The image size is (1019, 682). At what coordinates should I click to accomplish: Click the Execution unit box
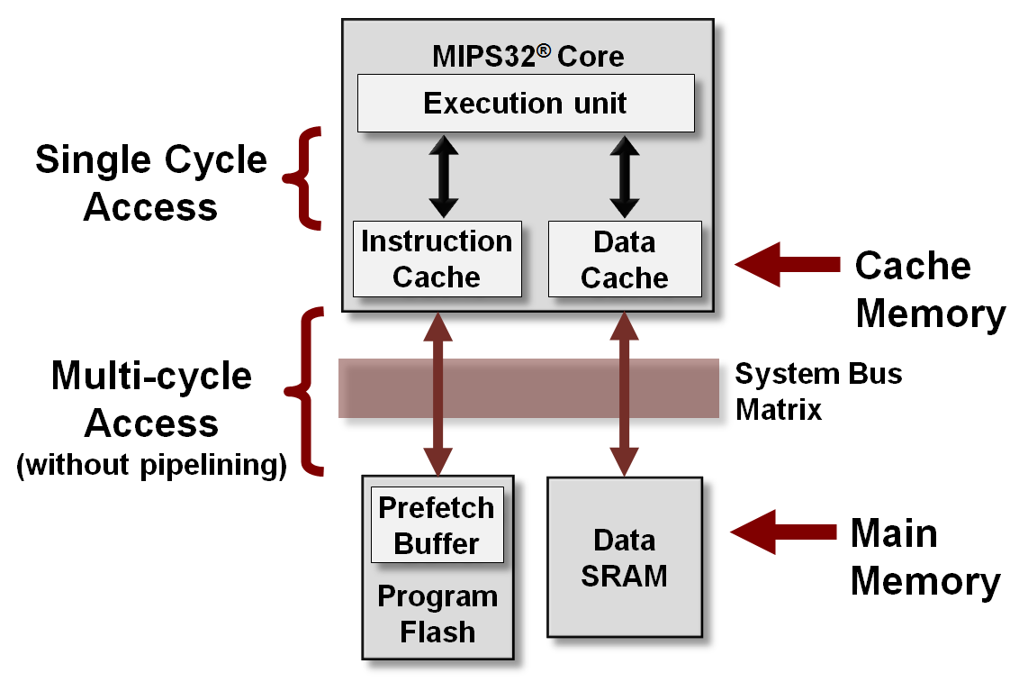pyautogui.click(x=526, y=103)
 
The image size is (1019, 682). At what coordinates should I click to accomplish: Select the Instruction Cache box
pyautogui.click(x=437, y=259)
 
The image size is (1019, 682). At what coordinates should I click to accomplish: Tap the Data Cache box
pyautogui.click(x=624, y=259)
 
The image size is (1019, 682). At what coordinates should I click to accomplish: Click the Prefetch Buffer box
pyautogui.click(x=437, y=526)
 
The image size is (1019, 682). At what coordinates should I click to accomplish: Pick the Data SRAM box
pyautogui.click(x=624, y=558)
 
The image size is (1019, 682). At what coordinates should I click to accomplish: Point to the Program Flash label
pyautogui.click(x=437, y=614)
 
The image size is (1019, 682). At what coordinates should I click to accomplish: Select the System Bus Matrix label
pyautogui.click(x=817, y=391)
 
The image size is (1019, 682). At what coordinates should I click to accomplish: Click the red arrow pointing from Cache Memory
pyautogui.click(x=786, y=265)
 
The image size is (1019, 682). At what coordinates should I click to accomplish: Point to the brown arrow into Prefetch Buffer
pyautogui.click(x=438, y=393)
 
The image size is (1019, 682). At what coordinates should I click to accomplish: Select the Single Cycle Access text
pyautogui.click(x=151, y=183)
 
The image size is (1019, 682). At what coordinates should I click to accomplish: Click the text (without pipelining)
pyautogui.click(x=151, y=467)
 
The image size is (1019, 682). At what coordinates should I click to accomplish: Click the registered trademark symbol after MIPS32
pyautogui.click(x=543, y=49)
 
